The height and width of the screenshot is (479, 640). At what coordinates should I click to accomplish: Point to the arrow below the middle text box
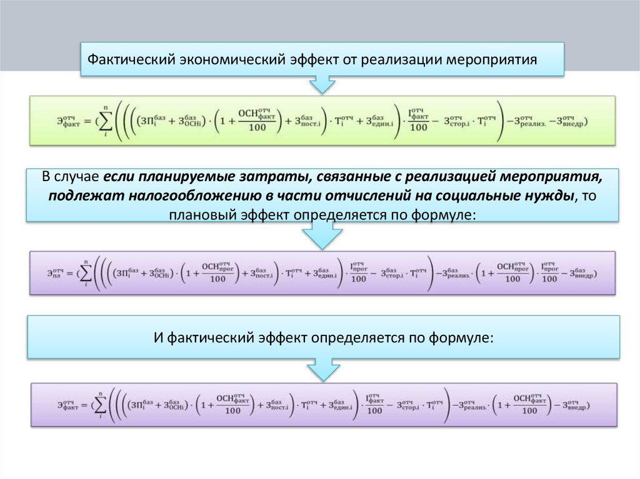[322, 237]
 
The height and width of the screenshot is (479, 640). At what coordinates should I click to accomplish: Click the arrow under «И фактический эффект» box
[322, 370]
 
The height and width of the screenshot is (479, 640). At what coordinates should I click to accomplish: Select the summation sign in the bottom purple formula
[100, 405]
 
